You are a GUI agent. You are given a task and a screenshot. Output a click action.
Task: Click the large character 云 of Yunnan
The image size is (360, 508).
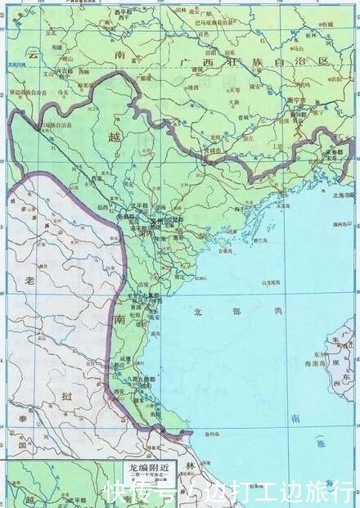click(33, 54)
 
